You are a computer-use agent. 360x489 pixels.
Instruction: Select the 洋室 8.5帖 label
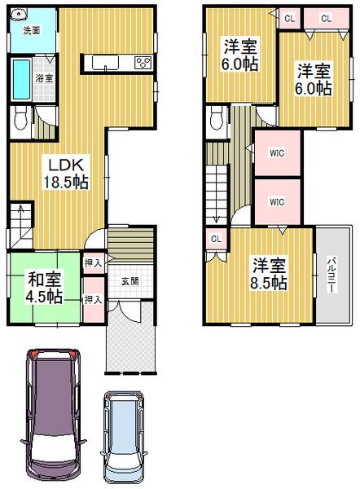coord(268,274)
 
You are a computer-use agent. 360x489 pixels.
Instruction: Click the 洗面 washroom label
coord(32,32)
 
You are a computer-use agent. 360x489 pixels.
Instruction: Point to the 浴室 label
coord(45,78)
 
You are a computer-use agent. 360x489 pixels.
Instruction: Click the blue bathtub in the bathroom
coord(21,78)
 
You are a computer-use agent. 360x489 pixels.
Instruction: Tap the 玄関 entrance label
coord(130,281)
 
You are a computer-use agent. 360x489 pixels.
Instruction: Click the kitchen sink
coord(108,64)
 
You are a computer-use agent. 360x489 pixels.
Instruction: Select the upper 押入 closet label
coord(93,263)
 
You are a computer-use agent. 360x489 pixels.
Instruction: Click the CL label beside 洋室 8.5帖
coord(215,240)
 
